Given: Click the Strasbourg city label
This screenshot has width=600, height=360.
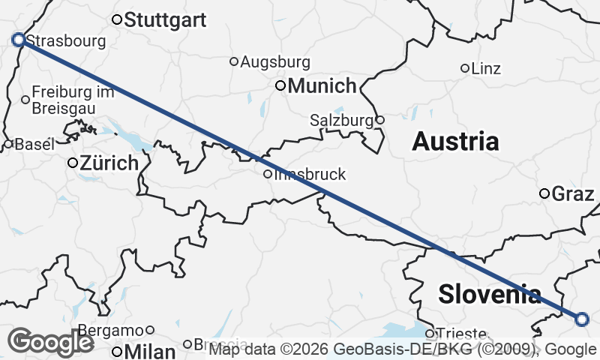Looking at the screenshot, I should pos(65,41).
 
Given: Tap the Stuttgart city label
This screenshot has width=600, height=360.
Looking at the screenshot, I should pos(165,20).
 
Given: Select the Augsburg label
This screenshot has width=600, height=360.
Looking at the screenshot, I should pos(274,61).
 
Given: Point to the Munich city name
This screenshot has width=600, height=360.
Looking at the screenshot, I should pos(322,85).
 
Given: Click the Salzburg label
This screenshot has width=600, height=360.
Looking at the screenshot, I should pos(341,120).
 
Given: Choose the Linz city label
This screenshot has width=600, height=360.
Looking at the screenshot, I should pos(486,68).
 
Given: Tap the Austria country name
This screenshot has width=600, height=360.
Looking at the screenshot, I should pos(455,141).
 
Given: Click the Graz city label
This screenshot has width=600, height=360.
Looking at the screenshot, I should pos(573,194).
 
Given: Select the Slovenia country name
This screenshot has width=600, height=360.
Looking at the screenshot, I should pos(489,294).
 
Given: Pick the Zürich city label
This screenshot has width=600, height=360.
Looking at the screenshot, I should pos(109,163).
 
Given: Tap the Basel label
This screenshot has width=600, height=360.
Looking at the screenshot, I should pos(34,144).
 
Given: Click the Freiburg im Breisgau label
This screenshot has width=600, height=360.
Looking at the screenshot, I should pos(73,100).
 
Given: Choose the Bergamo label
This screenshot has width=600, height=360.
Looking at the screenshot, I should pos(112,330).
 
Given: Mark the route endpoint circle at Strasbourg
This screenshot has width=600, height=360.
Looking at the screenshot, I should pos(19,39).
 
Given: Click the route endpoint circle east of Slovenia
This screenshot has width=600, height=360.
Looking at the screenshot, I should pos(582,319).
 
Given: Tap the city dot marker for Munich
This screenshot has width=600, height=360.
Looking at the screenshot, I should pos(280,85).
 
